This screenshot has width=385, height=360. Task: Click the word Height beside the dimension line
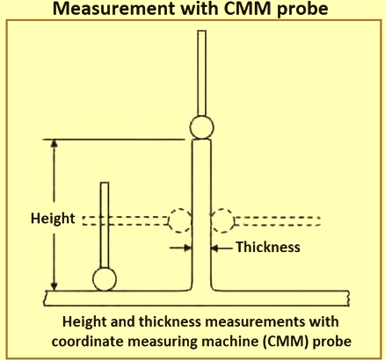pyautogui.click(x=53, y=219)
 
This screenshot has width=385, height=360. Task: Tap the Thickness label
pyautogui.click(x=268, y=247)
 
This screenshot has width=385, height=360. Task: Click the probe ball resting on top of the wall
pyautogui.click(x=201, y=127)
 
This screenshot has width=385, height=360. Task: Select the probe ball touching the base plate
pyautogui.click(x=105, y=279)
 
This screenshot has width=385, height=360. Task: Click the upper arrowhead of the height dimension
pyautogui.click(x=54, y=143)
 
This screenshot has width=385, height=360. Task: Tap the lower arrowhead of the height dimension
pyautogui.click(x=54, y=286)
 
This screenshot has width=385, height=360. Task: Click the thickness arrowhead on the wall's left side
pyautogui.click(x=188, y=248)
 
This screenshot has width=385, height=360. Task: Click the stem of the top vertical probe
pyautogui.click(x=201, y=73)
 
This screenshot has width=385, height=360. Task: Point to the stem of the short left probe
pyautogui.click(x=105, y=225)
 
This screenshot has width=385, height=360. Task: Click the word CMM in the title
pyautogui.click(x=249, y=9)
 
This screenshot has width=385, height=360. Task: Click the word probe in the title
pyautogui.click(x=302, y=10)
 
